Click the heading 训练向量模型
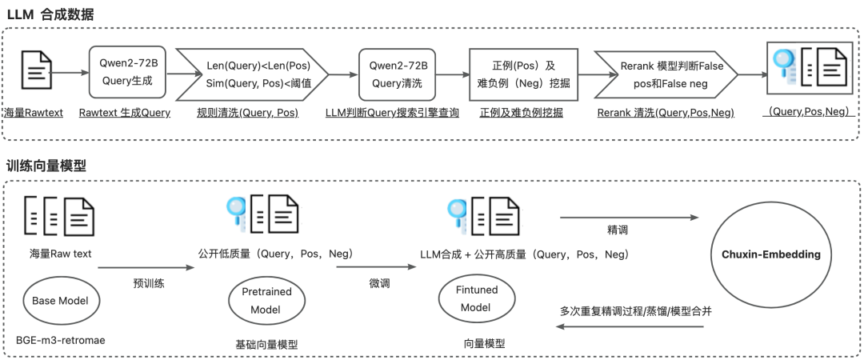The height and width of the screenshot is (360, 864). point(46,166)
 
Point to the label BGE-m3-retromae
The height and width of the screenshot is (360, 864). point(61,340)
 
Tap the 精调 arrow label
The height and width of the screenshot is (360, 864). point(618,230)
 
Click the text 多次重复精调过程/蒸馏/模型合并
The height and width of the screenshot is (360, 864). point(635,311)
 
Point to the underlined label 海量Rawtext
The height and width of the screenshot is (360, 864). point(34,113)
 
